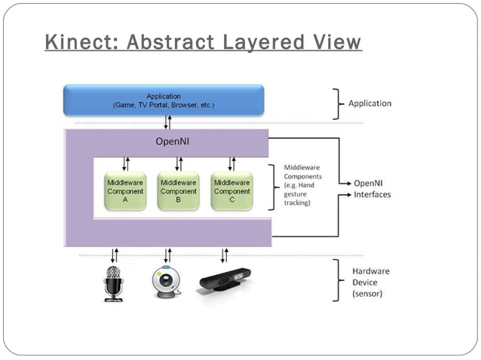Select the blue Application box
click(164, 100)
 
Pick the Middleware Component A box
click(125, 191)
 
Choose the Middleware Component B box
click(178, 191)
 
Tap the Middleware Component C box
click(231, 191)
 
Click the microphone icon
click(114, 284)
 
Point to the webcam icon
click(167, 284)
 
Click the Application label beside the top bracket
click(369, 103)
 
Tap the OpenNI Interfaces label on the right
click(372, 189)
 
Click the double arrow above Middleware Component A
click(125, 163)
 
